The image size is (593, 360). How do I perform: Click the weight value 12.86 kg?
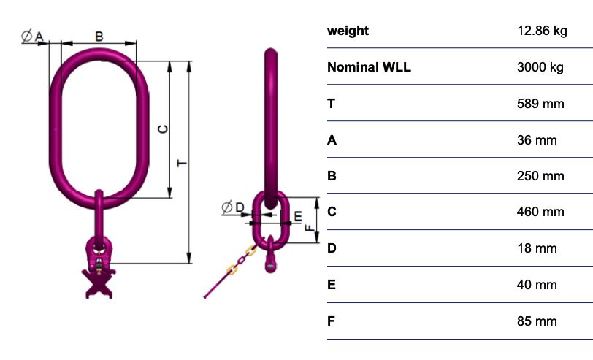(542, 31)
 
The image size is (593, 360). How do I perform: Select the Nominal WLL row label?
(369, 67)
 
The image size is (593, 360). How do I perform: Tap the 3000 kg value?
(540, 67)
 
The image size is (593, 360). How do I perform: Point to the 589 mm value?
(540, 104)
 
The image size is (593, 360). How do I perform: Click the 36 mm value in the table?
(537, 140)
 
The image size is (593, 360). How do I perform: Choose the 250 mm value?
(540, 176)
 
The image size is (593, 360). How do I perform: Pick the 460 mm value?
(540, 212)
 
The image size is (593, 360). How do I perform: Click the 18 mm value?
(537, 248)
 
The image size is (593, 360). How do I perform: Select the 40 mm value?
(537, 285)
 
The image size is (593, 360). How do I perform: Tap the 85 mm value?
(537, 321)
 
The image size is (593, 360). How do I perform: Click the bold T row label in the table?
(332, 104)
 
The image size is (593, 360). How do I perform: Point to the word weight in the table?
(348, 31)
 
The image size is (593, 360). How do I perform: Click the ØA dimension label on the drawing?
(33, 37)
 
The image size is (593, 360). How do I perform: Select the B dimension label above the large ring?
(99, 37)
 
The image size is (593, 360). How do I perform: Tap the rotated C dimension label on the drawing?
(163, 129)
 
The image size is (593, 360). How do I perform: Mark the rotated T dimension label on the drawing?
(182, 163)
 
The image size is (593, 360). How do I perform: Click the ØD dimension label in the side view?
(233, 207)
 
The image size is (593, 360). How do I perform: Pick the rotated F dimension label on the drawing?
(310, 227)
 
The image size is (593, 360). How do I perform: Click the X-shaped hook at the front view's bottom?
(99, 283)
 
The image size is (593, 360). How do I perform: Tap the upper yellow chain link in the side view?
(250, 250)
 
